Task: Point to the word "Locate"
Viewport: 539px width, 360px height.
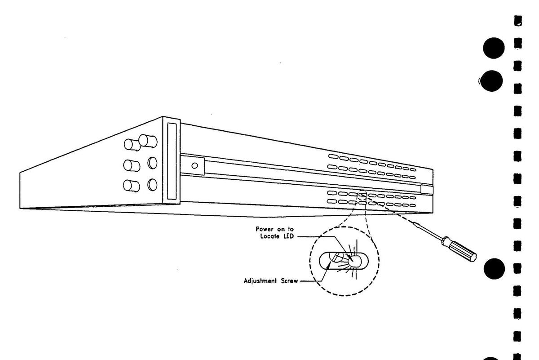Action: coord(269,236)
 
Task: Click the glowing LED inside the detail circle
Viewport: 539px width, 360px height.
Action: coord(353,261)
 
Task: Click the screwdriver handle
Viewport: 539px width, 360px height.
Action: coord(459,249)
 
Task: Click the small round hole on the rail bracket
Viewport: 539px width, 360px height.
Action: coord(194,165)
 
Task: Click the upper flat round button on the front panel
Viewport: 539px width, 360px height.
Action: coord(153,163)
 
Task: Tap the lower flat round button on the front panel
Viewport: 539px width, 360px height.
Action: coord(153,185)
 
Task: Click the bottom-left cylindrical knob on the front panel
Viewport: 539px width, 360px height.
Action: coord(130,185)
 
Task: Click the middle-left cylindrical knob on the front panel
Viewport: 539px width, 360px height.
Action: coord(129,165)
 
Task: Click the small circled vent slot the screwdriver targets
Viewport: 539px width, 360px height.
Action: coord(362,195)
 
